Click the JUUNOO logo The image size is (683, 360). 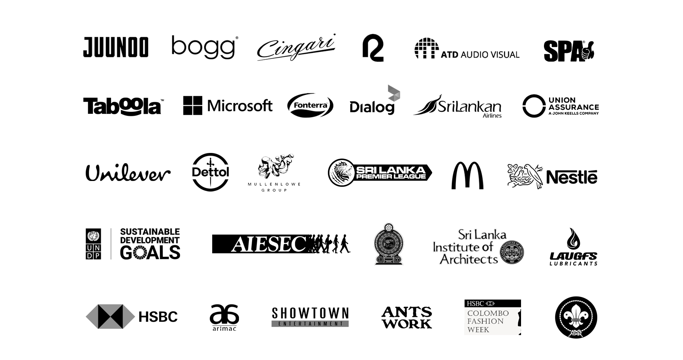pyautogui.click(x=116, y=47)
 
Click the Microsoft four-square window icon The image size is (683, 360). pyautogui.click(x=193, y=106)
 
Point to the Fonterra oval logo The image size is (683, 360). pyautogui.click(x=310, y=106)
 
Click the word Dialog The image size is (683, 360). pyautogui.click(x=372, y=107)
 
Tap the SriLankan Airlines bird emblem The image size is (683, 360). pyautogui.click(x=425, y=106)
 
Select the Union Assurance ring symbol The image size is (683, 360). pyautogui.click(x=534, y=106)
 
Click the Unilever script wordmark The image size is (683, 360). pyautogui.click(x=128, y=173)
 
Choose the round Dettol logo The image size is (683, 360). pyautogui.click(x=210, y=172)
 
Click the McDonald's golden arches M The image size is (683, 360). pyautogui.click(x=467, y=175)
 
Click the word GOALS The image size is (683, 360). pyautogui.click(x=150, y=253)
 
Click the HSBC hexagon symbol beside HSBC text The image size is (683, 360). pyautogui.click(x=110, y=317)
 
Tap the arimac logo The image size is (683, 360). pyautogui.click(x=224, y=317)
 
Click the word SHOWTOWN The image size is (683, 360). pyautogui.click(x=310, y=313)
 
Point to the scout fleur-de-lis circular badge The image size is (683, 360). pyautogui.click(x=576, y=317)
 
